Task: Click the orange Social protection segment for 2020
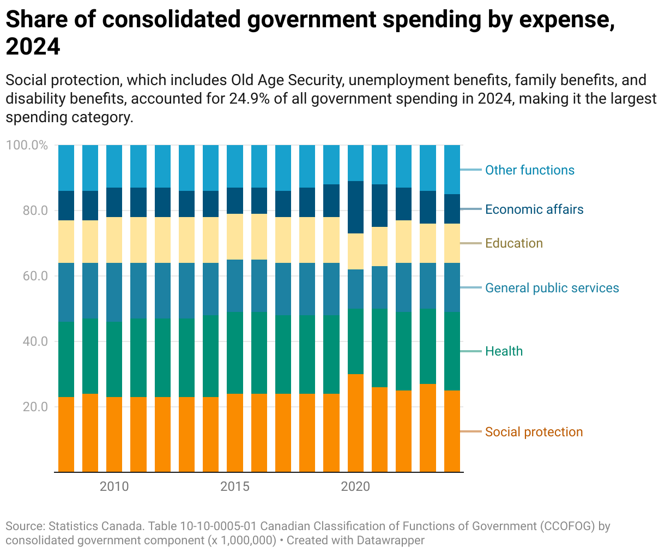pyautogui.click(x=355, y=423)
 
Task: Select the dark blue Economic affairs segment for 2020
pyautogui.click(x=355, y=207)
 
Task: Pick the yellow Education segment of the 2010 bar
pyautogui.click(x=114, y=240)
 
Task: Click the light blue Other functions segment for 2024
pyautogui.click(x=452, y=170)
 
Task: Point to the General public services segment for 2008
pyautogui.click(x=66, y=292)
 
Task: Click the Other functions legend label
pyautogui.click(x=529, y=170)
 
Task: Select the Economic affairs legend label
pyautogui.click(x=534, y=209)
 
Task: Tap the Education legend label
pyautogui.click(x=513, y=243)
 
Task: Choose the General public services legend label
pyautogui.click(x=552, y=288)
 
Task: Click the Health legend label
pyautogui.click(x=504, y=351)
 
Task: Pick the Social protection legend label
pyautogui.click(x=534, y=432)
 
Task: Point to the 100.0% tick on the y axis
pyautogui.click(x=27, y=146)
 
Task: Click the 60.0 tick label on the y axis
pyautogui.click(x=35, y=276)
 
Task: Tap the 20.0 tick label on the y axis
pyautogui.click(x=35, y=407)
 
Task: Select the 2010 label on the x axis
pyautogui.click(x=114, y=486)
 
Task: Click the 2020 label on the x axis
pyautogui.click(x=355, y=486)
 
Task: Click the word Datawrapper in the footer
pyautogui.click(x=390, y=540)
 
